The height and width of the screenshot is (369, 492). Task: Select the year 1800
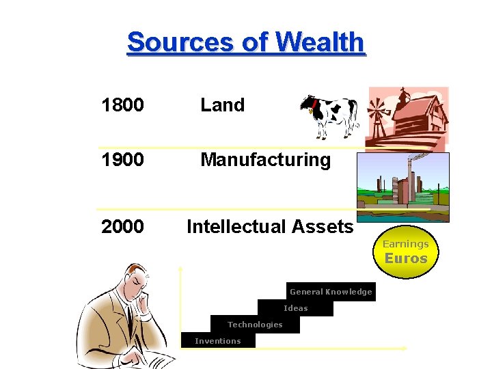pos(122,105)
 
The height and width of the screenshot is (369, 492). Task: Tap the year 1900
pos(122,160)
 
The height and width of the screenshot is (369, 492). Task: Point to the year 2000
pos(122,226)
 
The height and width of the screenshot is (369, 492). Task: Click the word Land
pos(222,105)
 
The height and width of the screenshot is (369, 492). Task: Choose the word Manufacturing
pos(265,161)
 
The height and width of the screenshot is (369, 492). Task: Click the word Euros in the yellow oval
pos(406,259)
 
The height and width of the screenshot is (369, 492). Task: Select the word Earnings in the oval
pos(406,244)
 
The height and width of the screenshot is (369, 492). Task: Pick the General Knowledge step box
pos(331,292)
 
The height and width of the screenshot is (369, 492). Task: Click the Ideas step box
pos(296,308)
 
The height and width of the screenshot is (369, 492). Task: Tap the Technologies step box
pos(255,325)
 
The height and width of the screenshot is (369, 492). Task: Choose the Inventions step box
pos(218,341)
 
